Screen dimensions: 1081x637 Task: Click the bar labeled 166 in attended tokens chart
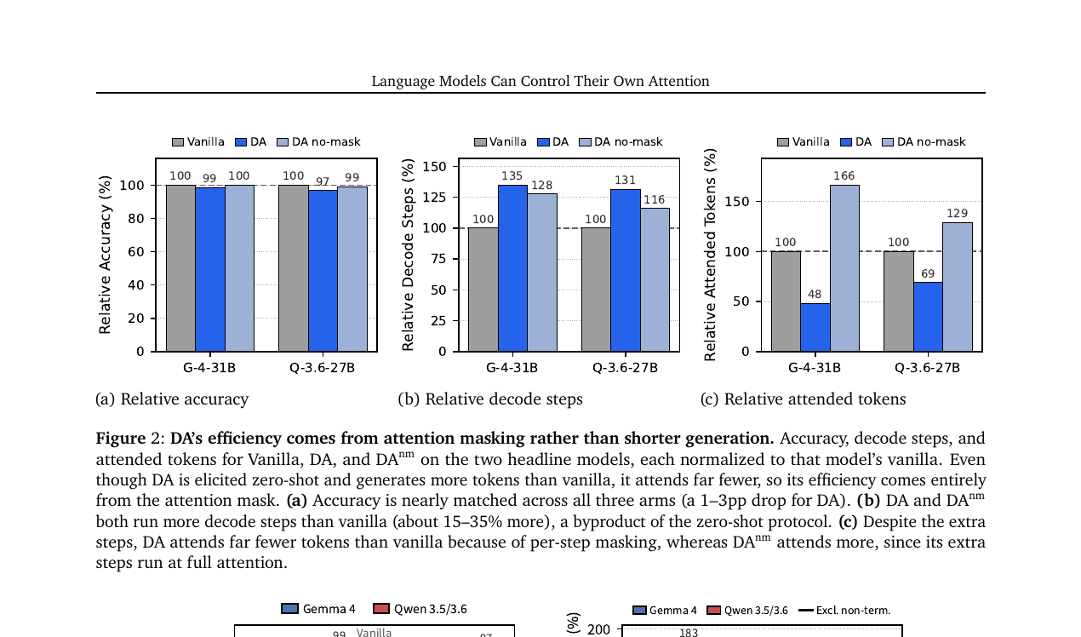coord(844,268)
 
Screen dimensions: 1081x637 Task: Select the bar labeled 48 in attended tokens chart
coord(815,327)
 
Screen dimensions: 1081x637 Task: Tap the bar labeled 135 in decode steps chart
coord(512,268)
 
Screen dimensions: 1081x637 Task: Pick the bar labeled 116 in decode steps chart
coord(655,279)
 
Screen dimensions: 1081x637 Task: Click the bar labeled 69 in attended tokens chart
coord(928,317)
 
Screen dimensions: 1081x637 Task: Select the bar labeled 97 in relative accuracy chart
coord(323,271)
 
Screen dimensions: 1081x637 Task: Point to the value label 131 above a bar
coord(625,181)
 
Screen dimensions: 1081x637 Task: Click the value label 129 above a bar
coord(957,213)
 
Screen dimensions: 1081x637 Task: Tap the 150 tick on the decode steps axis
coord(434,167)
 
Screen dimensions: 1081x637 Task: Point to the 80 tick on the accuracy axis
coord(136,218)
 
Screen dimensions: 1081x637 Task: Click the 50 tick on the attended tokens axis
coord(741,301)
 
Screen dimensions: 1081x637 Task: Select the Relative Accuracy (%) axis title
coord(105,255)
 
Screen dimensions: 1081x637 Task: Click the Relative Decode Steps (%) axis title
coord(408,255)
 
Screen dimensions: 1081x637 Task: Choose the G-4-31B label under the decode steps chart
coord(512,368)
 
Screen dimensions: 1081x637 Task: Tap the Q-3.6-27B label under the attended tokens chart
coord(927,368)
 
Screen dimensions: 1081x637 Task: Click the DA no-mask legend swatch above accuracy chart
coord(283,142)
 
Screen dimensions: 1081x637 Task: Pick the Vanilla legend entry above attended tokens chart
coord(804,142)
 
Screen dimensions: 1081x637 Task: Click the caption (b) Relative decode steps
coord(490,399)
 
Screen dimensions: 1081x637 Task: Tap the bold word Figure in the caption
coord(121,439)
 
